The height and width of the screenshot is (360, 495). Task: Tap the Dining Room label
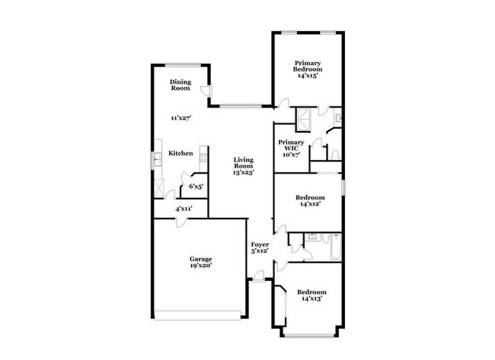[x=180, y=84]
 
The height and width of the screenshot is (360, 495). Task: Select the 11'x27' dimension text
[x=180, y=118]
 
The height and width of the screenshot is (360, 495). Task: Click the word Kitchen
[x=180, y=154]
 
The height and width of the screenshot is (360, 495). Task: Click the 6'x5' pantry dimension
[x=196, y=186]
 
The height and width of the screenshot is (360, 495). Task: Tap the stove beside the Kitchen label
[x=203, y=157]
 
